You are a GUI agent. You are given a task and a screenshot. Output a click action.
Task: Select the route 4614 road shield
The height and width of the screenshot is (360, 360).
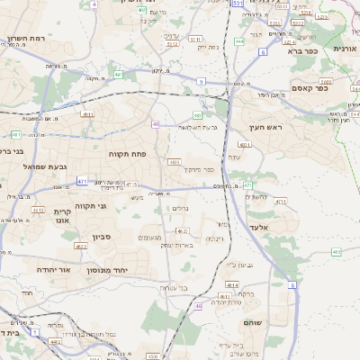pyautogui.click(x=231, y=284)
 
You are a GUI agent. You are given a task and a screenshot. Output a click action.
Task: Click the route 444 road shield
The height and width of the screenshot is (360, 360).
pyautogui.click(x=239, y=41)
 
